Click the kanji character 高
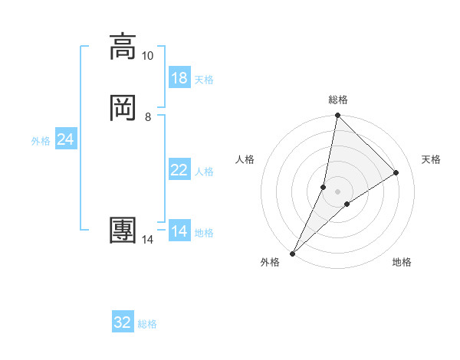pyautogui.click(x=123, y=47)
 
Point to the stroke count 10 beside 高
pyautogui.click(x=147, y=56)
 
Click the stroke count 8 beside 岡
pyautogui.click(x=147, y=116)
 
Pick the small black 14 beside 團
pyautogui.click(x=147, y=240)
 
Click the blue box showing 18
pyautogui.click(x=179, y=77)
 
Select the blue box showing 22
pyautogui.click(x=179, y=170)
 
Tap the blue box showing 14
pyautogui.click(x=179, y=231)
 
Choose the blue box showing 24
pyautogui.click(x=66, y=139)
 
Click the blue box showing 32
pyautogui.click(x=123, y=322)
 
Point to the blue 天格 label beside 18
pyautogui.click(x=204, y=79)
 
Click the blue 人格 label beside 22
pyautogui.click(x=204, y=172)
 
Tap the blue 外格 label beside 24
pyautogui.click(x=41, y=141)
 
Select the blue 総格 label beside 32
pyautogui.click(x=147, y=324)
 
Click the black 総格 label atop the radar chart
pyautogui.click(x=338, y=100)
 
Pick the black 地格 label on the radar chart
pyautogui.click(x=402, y=263)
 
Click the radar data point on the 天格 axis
pyautogui.click(x=396, y=173)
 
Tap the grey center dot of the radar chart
pyautogui.click(x=338, y=191)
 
